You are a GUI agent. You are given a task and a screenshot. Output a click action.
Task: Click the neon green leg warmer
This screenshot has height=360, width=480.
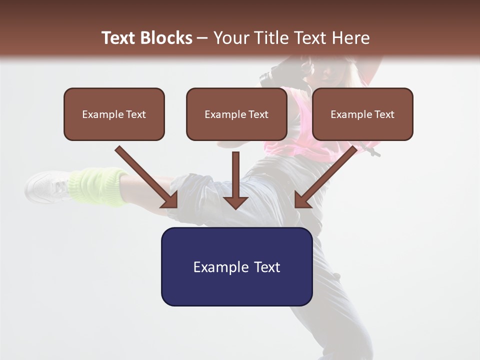click(x=98, y=187)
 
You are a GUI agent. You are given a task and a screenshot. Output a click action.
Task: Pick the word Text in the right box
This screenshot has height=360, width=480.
click(x=384, y=114)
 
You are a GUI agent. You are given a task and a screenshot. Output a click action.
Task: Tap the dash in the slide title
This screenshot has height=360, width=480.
click(x=202, y=38)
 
